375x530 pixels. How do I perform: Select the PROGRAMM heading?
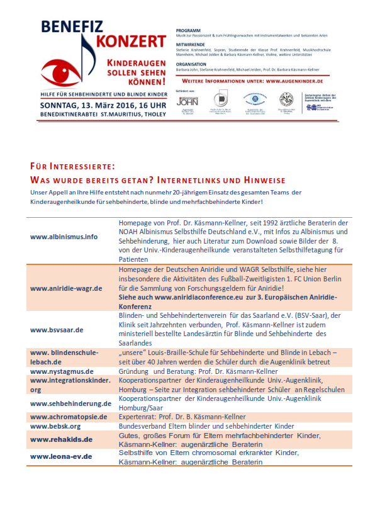tap(187, 29)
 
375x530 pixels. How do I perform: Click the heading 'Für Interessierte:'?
tap(72, 166)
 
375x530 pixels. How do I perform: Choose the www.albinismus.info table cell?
tap(64, 237)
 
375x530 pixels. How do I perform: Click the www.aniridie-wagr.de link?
tap(66, 288)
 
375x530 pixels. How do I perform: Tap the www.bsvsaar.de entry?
tap(57, 329)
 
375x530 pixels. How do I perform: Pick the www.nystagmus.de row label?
tap(62, 371)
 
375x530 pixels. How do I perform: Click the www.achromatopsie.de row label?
tap(69, 417)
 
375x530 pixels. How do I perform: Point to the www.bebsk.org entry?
tap(55, 426)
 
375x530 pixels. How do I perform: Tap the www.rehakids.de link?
tap(62, 439)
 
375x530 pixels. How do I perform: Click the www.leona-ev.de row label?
tap(61, 456)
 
